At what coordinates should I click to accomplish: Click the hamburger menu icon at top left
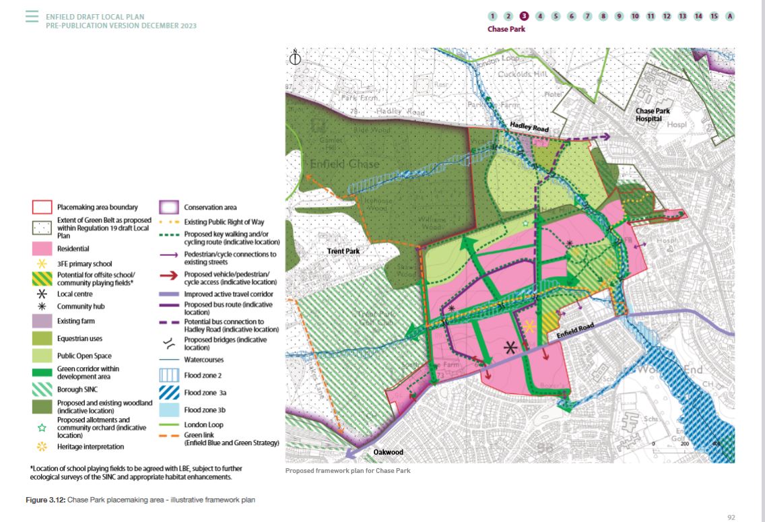click(32, 16)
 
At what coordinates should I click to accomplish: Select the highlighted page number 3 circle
click(524, 16)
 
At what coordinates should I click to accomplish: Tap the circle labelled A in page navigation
click(730, 16)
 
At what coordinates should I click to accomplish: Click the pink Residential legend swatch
click(42, 249)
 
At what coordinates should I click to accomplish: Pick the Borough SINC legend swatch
click(42, 389)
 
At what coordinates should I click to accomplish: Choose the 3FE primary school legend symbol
click(42, 263)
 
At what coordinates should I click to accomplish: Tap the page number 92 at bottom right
click(731, 517)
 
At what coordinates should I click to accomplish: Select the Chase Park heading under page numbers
click(506, 29)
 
